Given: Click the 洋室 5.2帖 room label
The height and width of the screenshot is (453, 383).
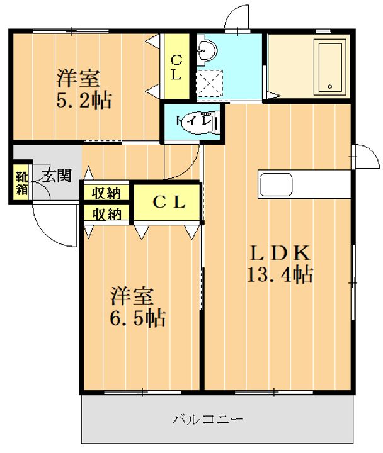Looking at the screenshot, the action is tap(84, 89).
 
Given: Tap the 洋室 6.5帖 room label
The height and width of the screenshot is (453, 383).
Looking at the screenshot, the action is tap(138, 307).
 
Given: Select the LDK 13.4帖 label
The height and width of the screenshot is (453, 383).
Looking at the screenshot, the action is tap(280, 263).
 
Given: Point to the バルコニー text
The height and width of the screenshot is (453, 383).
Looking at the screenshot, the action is tap(207, 419).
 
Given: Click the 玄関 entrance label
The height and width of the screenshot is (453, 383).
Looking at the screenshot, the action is tap(56, 176).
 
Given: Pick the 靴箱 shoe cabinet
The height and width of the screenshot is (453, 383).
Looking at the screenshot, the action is tap(21, 183).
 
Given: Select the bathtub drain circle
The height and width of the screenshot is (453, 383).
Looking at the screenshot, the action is tap(330, 86).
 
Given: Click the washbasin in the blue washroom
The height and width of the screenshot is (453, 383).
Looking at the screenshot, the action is tap(206, 50).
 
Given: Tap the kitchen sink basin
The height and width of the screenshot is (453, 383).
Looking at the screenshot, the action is tap(276, 184).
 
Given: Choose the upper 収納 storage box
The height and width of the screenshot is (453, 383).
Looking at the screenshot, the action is tap(106, 193).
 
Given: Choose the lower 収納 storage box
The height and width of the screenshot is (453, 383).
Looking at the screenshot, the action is tap(106, 214).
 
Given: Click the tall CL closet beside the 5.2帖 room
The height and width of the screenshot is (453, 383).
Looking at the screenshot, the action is tap(176, 67).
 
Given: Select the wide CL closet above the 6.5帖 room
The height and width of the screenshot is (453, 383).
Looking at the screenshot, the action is tap(168, 202).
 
